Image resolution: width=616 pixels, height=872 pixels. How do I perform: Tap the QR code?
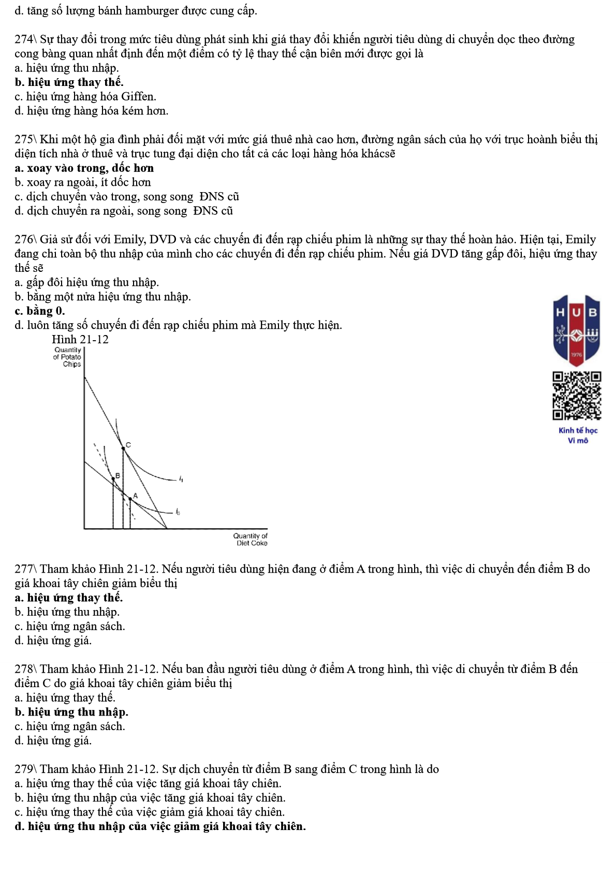(577, 396)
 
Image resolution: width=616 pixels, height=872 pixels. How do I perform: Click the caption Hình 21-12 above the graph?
(80, 340)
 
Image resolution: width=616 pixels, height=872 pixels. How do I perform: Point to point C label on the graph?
(128, 444)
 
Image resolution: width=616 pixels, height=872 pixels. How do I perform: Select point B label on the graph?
(118, 475)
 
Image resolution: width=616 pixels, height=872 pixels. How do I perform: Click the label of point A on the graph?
(136, 496)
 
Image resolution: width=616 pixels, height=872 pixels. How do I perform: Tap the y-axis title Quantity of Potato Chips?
(68, 357)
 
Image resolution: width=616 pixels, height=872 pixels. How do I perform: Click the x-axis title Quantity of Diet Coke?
(251, 540)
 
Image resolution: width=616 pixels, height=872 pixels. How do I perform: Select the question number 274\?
(25, 39)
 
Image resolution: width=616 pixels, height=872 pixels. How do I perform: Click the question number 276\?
(25, 239)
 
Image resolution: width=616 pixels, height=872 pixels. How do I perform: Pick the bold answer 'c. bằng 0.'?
(40, 311)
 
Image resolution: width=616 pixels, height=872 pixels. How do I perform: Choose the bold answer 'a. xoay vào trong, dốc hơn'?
(84, 168)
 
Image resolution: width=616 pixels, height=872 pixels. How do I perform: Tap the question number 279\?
(25, 769)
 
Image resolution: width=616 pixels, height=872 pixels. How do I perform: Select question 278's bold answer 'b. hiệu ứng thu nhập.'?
(71, 712)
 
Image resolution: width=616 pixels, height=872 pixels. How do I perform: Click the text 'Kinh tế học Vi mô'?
(578, 435)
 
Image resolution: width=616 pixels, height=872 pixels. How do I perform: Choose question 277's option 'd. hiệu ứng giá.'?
(53, 641)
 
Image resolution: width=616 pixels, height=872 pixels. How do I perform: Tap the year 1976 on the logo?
(577, 355)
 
